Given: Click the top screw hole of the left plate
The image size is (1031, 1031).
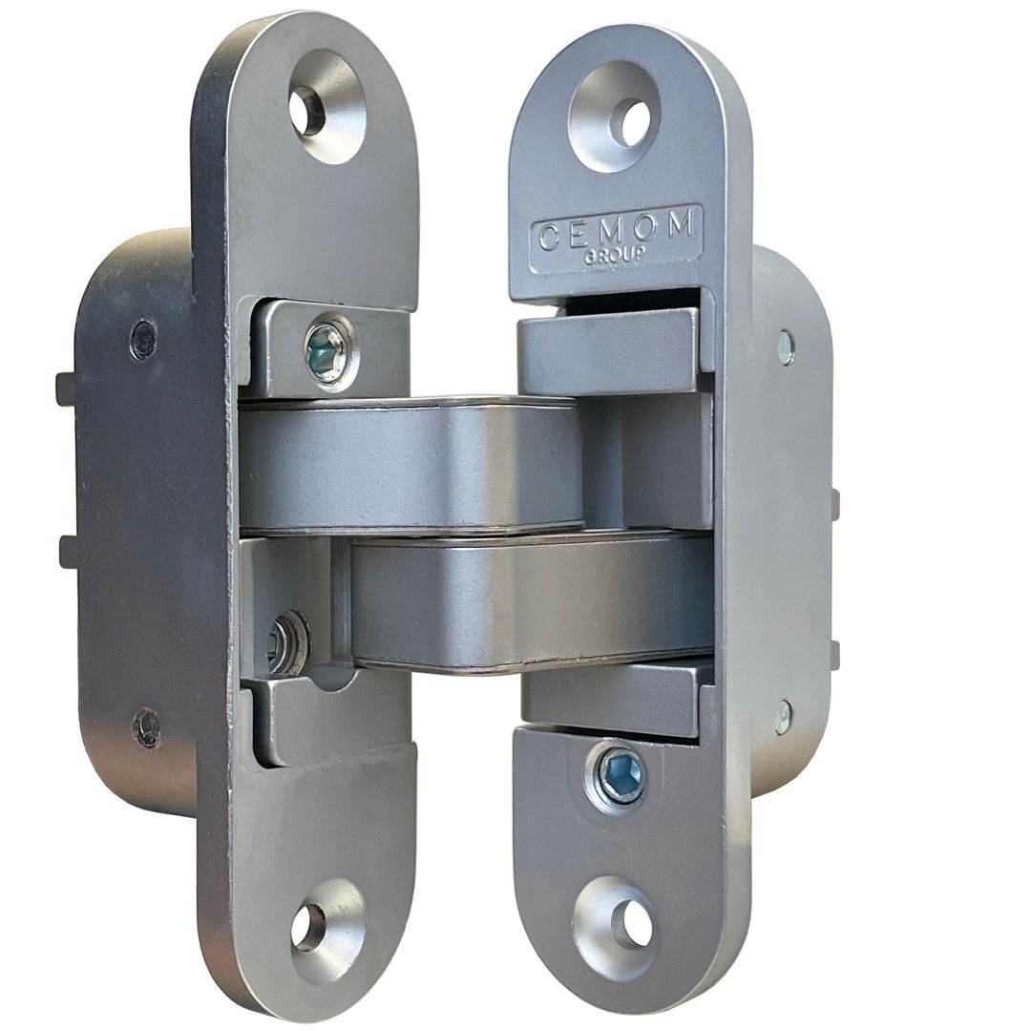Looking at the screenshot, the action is tap(309, 104).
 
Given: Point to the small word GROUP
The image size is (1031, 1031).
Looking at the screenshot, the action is tap(615, 256).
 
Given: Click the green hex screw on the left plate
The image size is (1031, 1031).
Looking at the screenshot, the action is tap(326, 354).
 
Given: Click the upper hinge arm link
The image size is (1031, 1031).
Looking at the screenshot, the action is tap(410, 465).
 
